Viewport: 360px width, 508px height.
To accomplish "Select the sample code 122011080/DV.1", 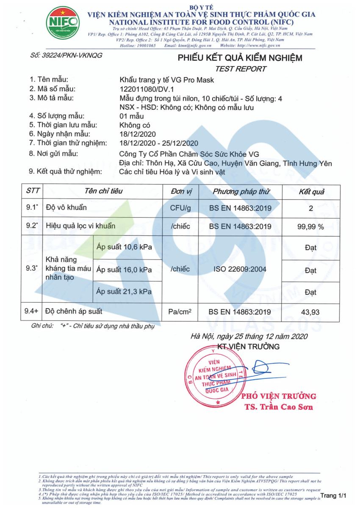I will pos(147,89).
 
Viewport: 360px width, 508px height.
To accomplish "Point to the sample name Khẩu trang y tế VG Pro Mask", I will pos(167,80).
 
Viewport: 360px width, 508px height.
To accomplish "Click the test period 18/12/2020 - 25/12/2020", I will pos(159,143).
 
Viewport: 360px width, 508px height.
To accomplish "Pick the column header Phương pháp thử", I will pos(241,192).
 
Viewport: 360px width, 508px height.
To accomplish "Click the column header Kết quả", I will pos(311,192).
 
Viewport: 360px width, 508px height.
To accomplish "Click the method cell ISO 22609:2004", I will pos(240,269).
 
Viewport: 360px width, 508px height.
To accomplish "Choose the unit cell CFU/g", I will pos(180,208).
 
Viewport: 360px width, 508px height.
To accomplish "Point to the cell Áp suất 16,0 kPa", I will pos(124,270).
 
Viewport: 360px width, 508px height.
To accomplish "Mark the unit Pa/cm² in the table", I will pos(180,312).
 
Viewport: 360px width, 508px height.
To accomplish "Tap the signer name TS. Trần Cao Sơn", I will pos(279,407).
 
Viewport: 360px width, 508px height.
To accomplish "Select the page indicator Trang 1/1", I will pos(333,495).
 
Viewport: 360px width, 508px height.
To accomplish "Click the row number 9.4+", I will pos(32,312).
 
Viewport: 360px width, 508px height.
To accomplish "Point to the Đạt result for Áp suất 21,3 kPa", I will pos(310,292).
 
